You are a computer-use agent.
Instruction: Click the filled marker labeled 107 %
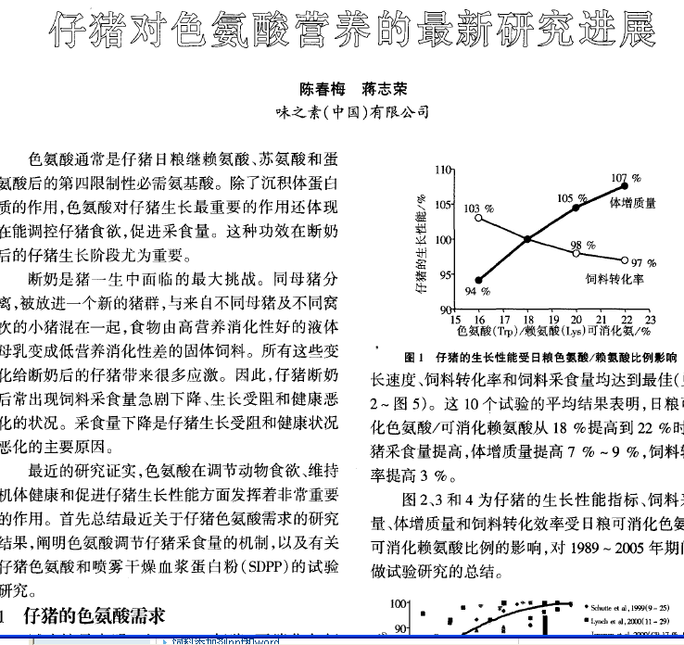tap(624, 186)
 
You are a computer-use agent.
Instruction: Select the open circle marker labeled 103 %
tap(478, 218)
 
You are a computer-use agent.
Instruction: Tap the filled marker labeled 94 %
tap(478, 280)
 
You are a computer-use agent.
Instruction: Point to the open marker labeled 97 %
tap(625, 260)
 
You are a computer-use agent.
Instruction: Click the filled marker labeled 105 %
tap(576, 208)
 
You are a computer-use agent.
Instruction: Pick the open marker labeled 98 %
tap(576, 253)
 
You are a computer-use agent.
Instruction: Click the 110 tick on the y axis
tap(443, 171)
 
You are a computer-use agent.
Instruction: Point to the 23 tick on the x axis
tap(650, 319)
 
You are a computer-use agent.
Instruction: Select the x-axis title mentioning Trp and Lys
tap(551, 330)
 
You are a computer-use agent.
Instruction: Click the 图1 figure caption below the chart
tap(541, 357)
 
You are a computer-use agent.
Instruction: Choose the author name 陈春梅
tap(321, 90)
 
